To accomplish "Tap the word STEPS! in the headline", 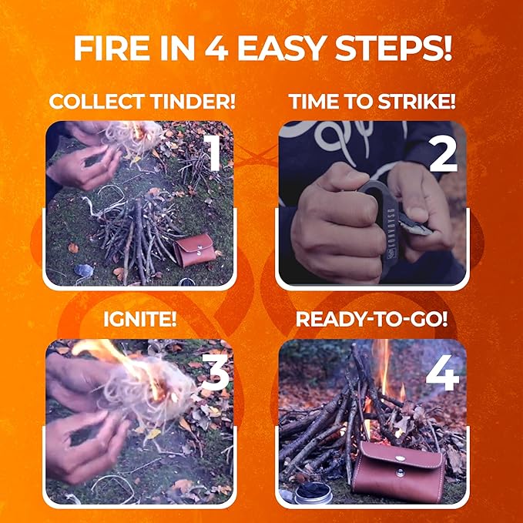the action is point(394,48).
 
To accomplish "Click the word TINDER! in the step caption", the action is point(193,101).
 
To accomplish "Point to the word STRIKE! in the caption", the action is point(417,101).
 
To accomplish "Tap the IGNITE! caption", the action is point(140,319).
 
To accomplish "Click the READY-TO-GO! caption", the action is point(371,319).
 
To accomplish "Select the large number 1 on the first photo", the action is point(213,153).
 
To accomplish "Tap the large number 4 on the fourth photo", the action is point(442,372).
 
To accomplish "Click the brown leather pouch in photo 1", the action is point(194,250).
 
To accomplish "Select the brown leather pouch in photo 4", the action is point(399,471).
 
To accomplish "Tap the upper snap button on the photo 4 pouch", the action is point(400,458).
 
